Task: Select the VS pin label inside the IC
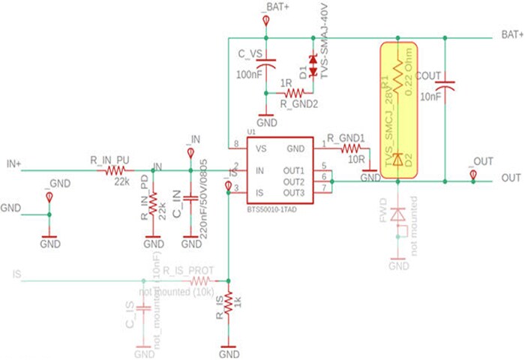tap(260, 148)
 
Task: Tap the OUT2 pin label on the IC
tap(294, 182)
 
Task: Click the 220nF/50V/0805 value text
tap(203, 199)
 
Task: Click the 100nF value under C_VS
tap(250, 76)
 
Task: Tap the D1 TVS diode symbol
tap(313, 59)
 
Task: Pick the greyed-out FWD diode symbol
tap(398, 214)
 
